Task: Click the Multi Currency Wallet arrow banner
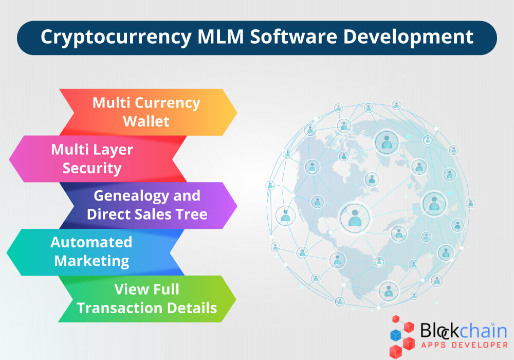coord(146,112)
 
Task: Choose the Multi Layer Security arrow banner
coord(93,159)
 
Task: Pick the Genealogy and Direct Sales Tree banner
coord(147,205)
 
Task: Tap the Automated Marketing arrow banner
coord(93,251)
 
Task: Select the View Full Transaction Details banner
coord(147,298)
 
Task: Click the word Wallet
coord(146,121)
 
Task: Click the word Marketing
coord(92,261)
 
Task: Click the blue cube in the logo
coord(396,335)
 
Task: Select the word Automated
coord(91,242)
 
